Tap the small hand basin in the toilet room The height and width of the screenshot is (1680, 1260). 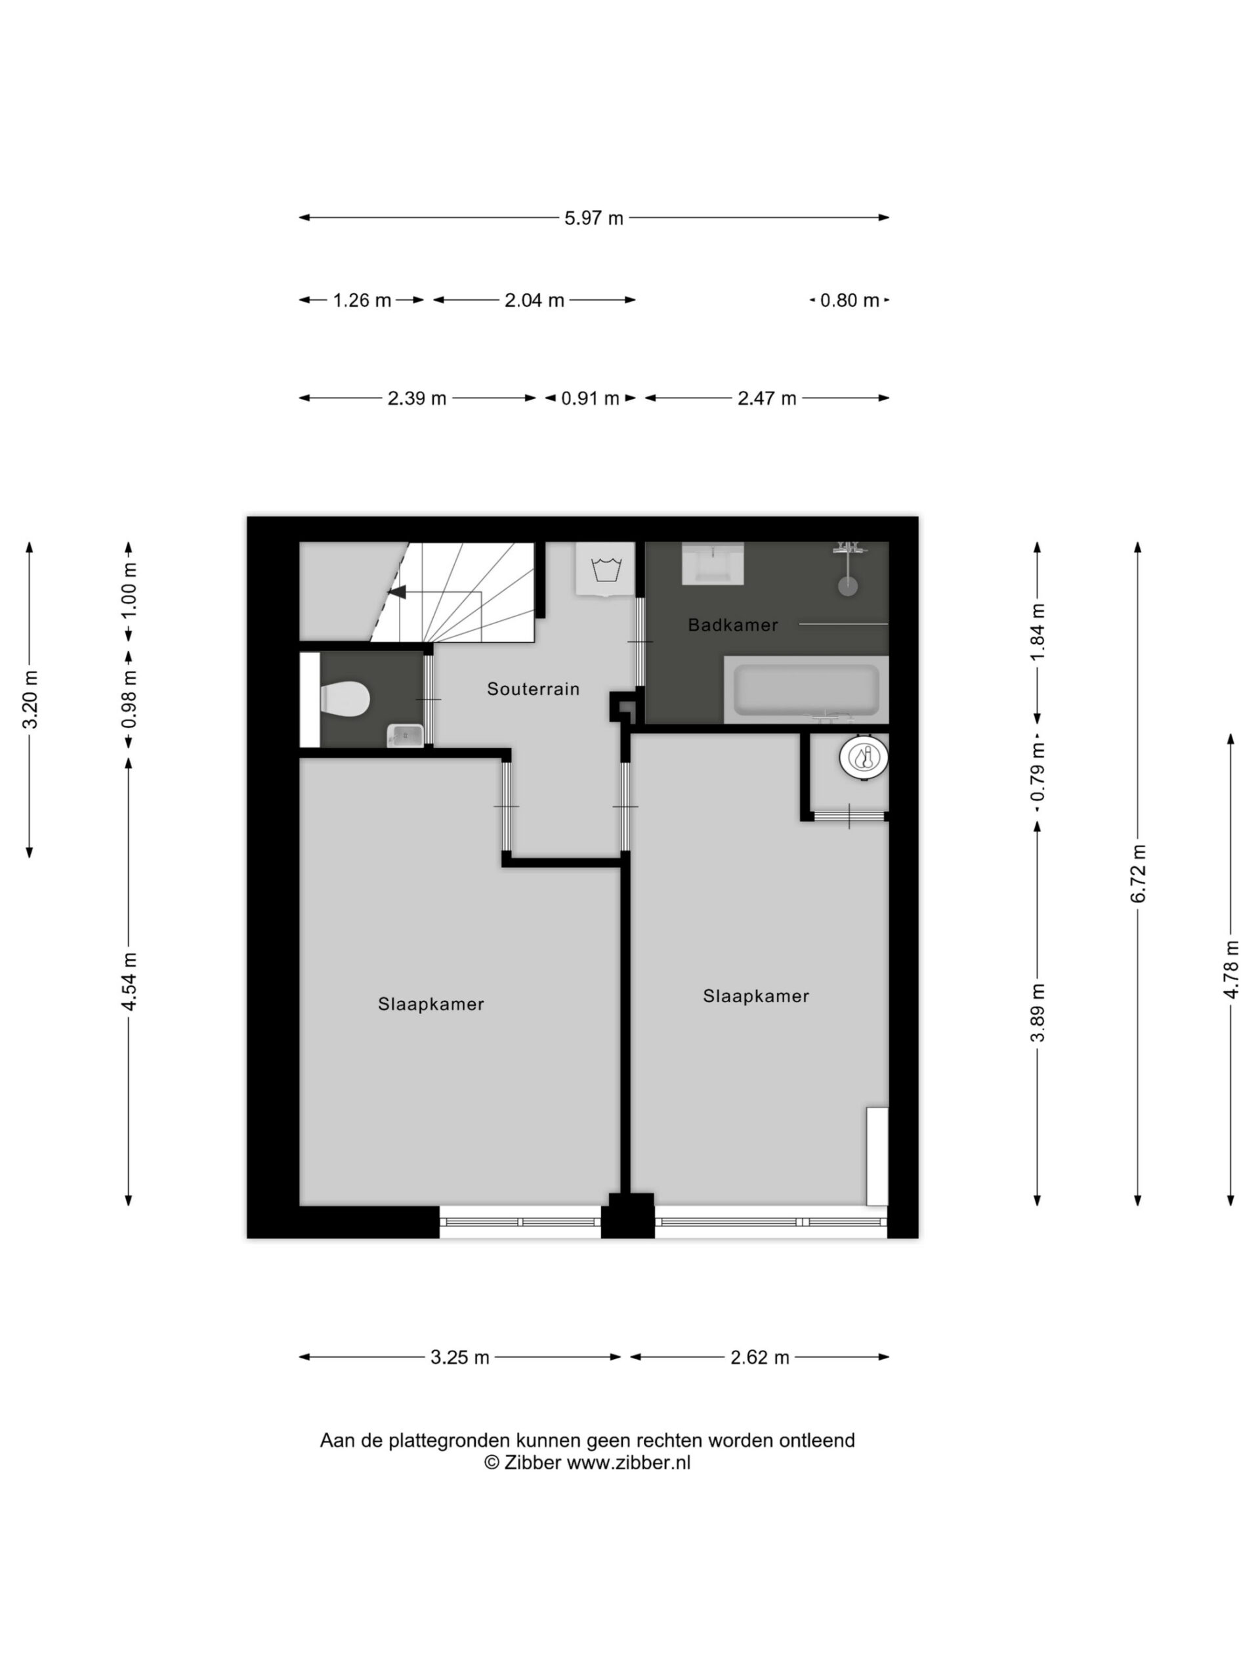406,735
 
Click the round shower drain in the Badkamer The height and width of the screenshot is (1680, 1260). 849,585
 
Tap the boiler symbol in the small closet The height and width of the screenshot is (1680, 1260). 864,757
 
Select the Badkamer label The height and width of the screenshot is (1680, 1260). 733,625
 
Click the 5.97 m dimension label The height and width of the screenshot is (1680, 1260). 594,219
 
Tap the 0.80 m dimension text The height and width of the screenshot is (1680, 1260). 850,301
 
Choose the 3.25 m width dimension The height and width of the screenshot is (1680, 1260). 460,1357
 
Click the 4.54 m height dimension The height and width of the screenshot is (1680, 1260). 129,981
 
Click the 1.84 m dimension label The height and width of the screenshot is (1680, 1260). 1038,633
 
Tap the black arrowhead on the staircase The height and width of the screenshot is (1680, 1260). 397,593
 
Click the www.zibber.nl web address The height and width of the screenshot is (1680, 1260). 629,1463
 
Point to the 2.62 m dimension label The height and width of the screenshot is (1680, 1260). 760,1357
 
